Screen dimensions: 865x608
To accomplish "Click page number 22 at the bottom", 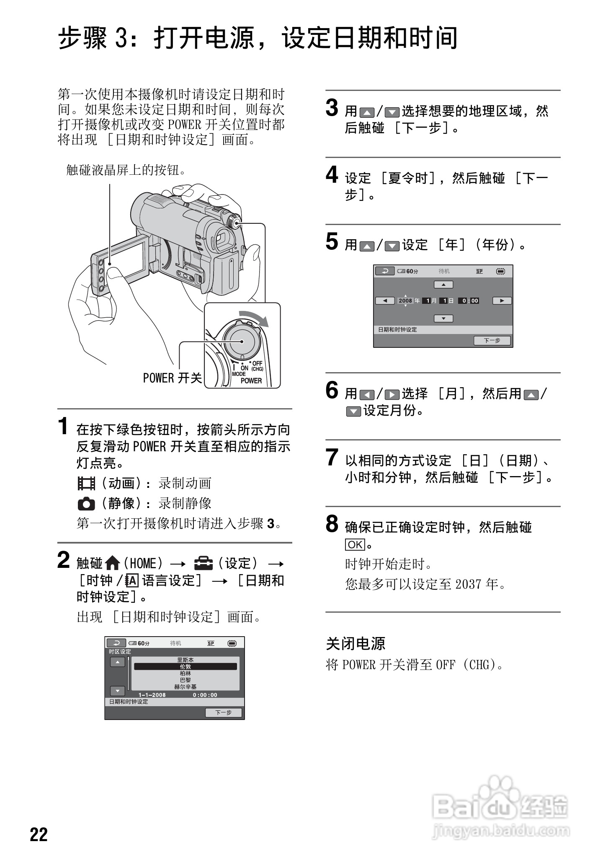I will point(39,834).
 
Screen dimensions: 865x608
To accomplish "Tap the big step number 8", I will point(332,524).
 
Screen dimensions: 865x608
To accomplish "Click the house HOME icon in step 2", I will point(113,563).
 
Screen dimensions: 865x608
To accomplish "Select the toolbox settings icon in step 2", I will point(204,563).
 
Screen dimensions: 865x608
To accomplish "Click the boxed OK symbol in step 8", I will point(355,544).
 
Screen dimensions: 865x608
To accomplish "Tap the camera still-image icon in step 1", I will point(86,503).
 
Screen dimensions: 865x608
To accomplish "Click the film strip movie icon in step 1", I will point(86,483).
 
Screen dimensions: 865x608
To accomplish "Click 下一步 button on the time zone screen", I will point(223,712).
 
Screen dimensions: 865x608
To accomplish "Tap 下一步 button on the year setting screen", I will point(492,340).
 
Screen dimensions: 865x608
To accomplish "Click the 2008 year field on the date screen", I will point(405,300).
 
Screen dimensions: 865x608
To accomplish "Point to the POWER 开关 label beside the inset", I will point(172,378).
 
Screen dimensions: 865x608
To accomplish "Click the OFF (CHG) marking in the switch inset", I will point(257,366).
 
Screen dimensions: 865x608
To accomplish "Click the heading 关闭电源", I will point(356,644).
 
